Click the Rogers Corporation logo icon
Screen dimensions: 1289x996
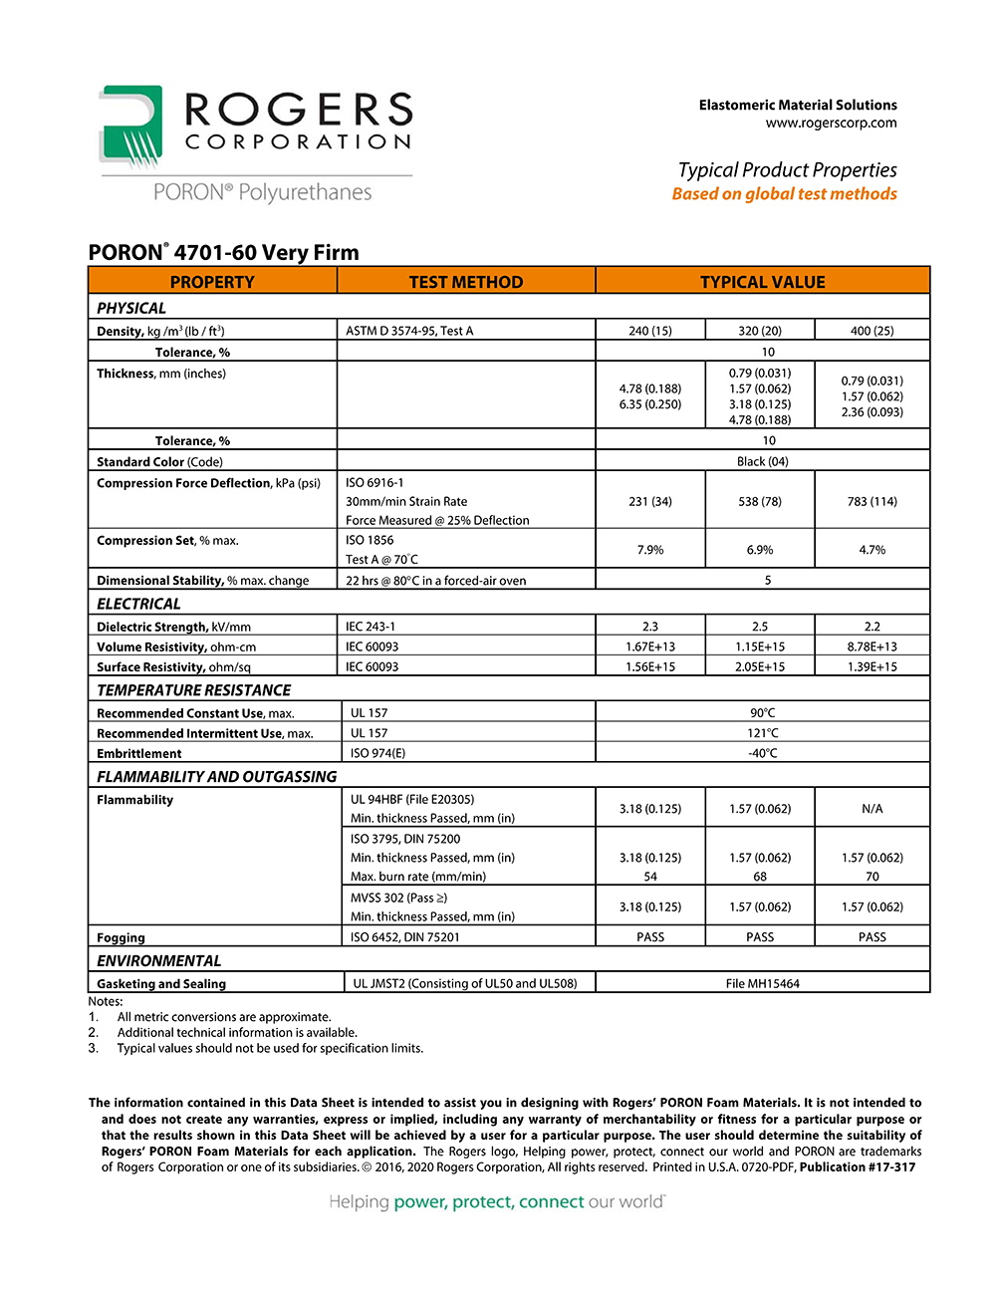[130, 126]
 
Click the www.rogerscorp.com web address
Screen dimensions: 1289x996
[831, 123]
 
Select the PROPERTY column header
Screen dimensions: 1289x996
[212, 282]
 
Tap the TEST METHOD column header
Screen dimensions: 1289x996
[466, 282]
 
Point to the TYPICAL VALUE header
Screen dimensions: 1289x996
[762, 282]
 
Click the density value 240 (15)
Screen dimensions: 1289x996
[650, 331]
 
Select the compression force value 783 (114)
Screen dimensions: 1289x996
[871, 501]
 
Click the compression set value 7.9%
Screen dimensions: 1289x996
[650, 550]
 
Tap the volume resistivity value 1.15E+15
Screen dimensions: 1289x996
[760, 646]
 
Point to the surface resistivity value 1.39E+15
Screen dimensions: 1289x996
[871, 666]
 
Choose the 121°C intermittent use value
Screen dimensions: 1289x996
[762, 733]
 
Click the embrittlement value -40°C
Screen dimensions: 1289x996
[762, 753]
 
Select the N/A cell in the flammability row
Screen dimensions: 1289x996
[871, 809]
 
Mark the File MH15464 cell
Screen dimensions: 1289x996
[762, 983]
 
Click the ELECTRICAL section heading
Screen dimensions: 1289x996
[138, 604]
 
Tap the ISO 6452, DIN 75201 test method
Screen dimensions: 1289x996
[405, 936]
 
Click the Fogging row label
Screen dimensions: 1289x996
[121, 937]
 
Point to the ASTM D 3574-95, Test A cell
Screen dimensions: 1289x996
[409, 331]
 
